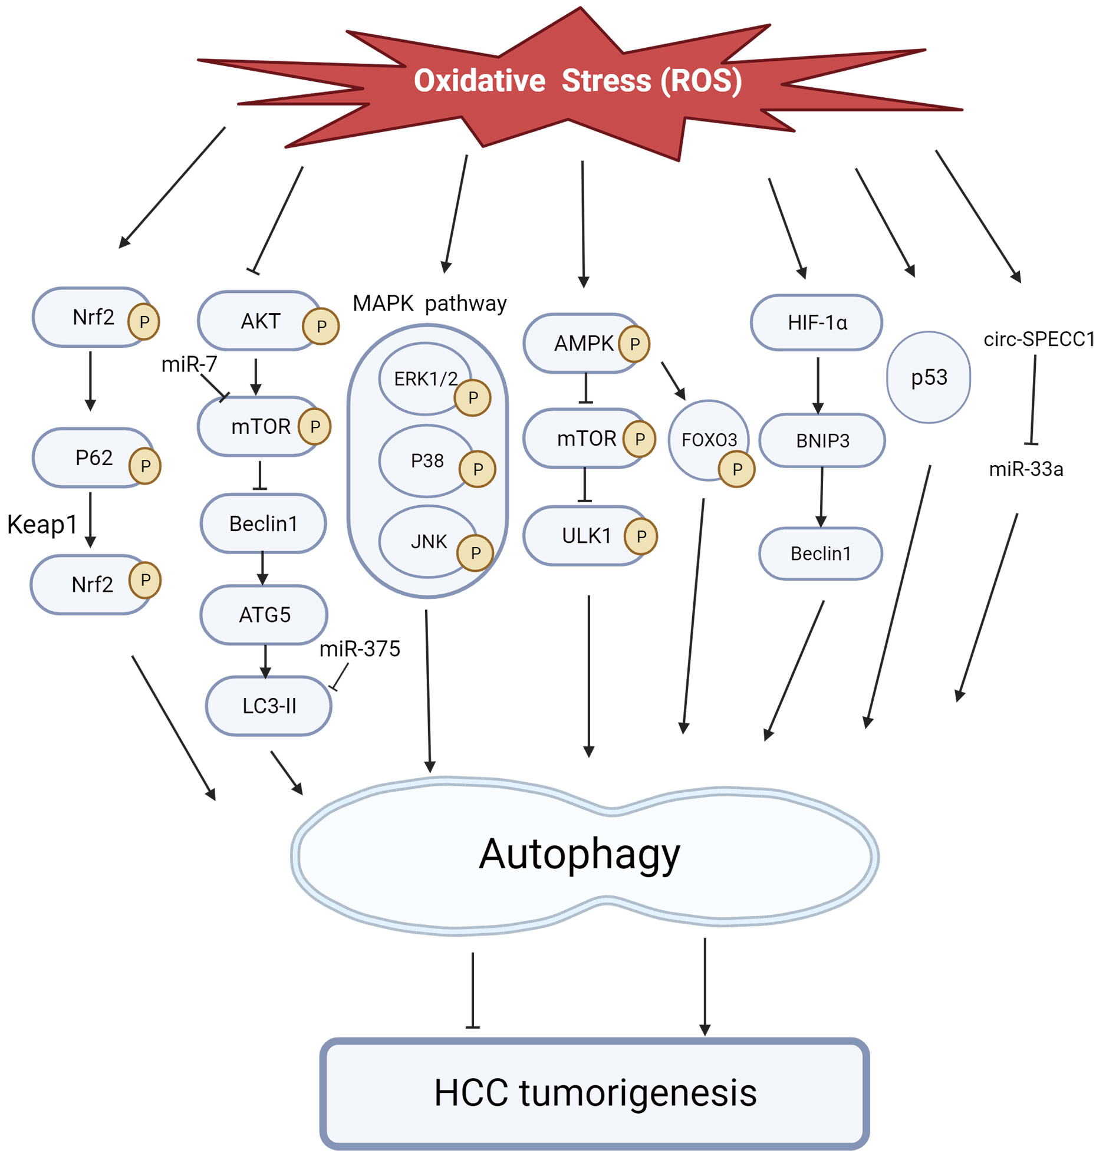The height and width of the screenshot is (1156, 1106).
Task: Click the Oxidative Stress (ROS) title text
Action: (x=577, y=81)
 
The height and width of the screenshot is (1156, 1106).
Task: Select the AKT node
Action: (x=260, y=321)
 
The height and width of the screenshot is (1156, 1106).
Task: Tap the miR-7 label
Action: (x=189, y=364)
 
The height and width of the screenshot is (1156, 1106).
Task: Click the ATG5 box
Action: (x=264, y=615)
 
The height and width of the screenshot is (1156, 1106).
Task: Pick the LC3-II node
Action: (x=269, y=706)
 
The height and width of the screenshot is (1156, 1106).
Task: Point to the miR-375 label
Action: (x=360, y=649)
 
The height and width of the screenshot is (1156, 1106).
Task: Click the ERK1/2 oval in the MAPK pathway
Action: (x=425, y=378)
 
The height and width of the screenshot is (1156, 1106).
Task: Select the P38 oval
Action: (x=427, y=460)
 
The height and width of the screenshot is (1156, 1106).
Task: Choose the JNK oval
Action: (x=429, y=541)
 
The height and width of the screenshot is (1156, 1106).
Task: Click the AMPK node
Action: (x=583, y=343)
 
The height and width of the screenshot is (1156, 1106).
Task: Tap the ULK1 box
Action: (x=586, y=536)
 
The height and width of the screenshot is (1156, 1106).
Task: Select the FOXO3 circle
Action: (x=709, y=440)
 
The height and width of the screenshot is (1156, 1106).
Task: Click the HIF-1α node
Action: (x=817, y=322)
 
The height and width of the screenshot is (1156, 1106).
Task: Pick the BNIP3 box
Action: (x=822, y=440)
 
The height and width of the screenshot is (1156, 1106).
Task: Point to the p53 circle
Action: (x=929, y=377)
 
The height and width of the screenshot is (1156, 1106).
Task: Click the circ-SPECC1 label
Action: (x=1039, y=339)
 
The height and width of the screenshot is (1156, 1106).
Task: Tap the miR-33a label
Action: (x=1026, y=469)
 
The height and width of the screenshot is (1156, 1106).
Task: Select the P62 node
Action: (x=94, y=457)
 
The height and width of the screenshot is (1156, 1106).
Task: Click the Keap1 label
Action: (x=42, y=524)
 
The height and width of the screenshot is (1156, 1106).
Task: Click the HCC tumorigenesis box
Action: (x=594, y=1093)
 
